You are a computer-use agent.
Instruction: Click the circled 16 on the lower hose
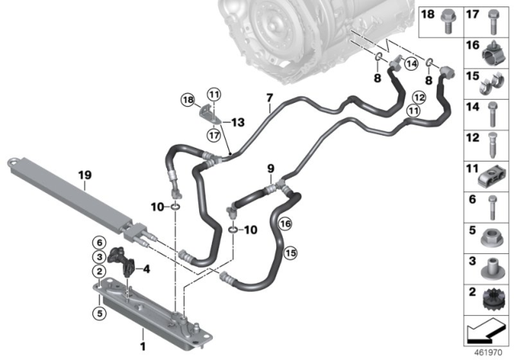pos(287,226)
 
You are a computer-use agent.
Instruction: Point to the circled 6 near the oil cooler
pos(98,243)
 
